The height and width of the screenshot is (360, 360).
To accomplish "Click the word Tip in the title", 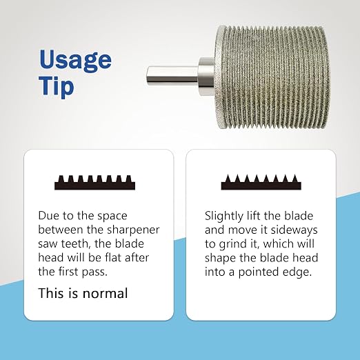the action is coord(57,87).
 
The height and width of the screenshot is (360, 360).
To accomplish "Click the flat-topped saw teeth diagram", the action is coord(94,183).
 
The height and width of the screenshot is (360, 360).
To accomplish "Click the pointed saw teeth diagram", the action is coord(261,182).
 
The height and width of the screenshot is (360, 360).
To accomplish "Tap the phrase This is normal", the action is coord(83,293).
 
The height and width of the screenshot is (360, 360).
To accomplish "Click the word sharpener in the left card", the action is coord(134,230).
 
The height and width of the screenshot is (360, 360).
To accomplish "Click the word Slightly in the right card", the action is coord(224,217).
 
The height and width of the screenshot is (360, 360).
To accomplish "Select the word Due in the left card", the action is coord(48,216).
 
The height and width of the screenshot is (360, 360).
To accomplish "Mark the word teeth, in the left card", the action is coord(75,244).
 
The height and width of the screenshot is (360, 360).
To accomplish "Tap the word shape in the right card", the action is coord(220,259).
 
